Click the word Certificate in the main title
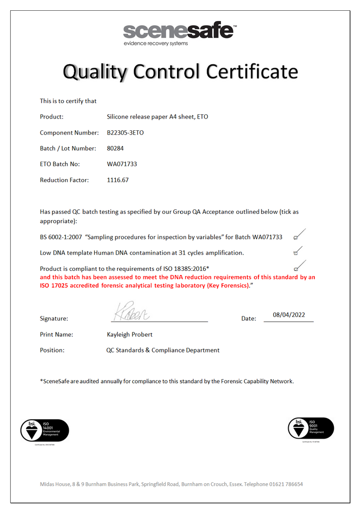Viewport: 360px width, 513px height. point(252,71)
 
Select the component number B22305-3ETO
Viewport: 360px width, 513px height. point(125,132)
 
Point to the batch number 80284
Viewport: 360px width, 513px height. point(115,148)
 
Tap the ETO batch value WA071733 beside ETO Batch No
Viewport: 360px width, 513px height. point(122,164)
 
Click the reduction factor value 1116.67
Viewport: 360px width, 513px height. point(117,180)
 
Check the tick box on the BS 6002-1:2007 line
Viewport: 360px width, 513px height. point(296,238)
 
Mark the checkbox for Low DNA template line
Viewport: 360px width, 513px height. point(296,253)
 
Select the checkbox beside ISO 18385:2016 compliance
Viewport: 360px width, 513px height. point(296,268)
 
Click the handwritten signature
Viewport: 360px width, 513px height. point(130,311)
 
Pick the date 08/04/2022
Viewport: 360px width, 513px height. point(289,315)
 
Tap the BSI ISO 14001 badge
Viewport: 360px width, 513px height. point(45,430)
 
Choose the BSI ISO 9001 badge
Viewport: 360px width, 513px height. point(311,428)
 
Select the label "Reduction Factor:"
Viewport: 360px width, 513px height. point(64,180)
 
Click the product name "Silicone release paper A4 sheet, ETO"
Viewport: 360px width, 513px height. point(157,116)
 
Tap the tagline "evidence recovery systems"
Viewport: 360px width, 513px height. point(155,44)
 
